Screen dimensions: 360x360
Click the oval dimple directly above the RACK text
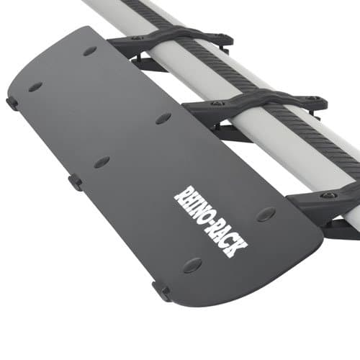coord(266,214)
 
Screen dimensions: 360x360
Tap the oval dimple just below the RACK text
coord(192,265)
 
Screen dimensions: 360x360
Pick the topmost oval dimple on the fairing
coord(90,51)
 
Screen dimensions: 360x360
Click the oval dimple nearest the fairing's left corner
coord(35,87)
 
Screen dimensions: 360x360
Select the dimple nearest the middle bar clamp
coord(163,118)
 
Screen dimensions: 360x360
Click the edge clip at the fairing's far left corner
coord(12,103)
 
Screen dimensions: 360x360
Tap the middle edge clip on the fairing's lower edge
coord(76,181)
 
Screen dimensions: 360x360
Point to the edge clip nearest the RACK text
coord(161,292)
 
